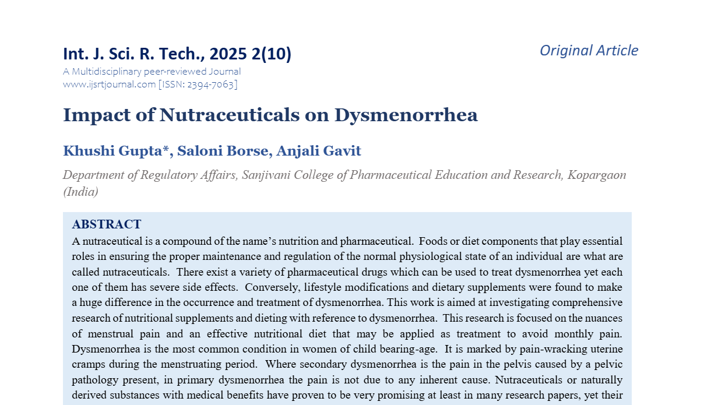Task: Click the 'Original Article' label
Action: click(589, 51)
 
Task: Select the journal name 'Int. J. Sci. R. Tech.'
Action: click(133, 54)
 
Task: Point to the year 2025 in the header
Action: click(228, 54)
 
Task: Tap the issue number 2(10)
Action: click(272, 54)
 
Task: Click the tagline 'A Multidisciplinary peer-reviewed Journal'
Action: click(152, 72)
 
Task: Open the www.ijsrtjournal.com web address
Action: click(109, 84)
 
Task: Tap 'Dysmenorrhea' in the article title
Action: click(406, 115)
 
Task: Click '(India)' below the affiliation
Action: click(80, 192)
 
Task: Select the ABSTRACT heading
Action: click(107, 224)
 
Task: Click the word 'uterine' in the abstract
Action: click(603, 349)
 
